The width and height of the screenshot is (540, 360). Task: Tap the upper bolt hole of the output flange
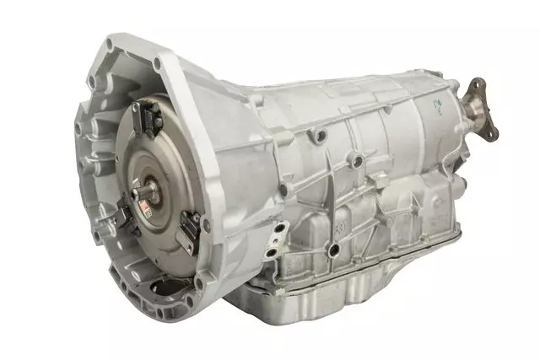coord(478,84)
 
